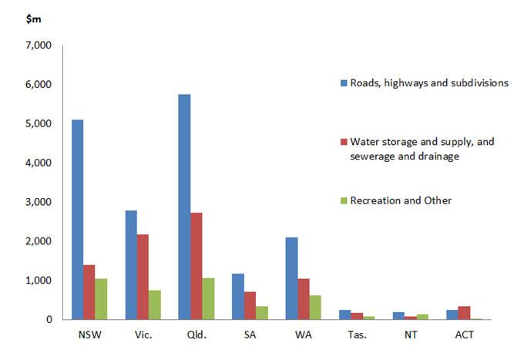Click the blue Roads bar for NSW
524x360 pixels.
(x=77, y=220)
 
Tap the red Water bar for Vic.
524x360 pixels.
(x=143, y=277)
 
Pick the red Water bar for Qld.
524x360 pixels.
(x=196, y=266)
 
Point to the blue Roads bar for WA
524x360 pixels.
(x=291, y=278)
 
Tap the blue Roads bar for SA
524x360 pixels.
(x=237, y=297)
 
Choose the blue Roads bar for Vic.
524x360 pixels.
(x=130, y=265)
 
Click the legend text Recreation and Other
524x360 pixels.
(x=401, y=201)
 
